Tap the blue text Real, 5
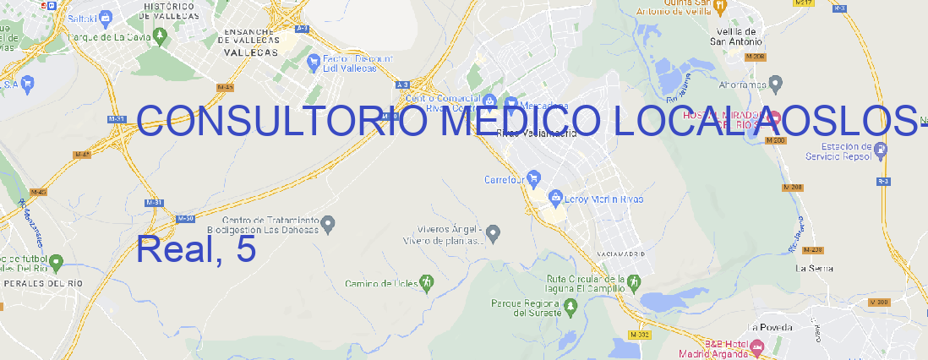[195, 249]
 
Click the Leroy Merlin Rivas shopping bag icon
[555, 199]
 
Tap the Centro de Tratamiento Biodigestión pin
[330, 223]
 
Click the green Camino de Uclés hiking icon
[428, 282]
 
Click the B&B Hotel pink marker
[756, 346]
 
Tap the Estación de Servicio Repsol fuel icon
[882, 150]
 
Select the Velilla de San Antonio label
[735, 35]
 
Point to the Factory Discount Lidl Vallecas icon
[312, 60]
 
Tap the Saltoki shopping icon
[106, 16]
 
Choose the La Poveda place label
[770, 326]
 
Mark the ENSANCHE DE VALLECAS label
[250, 39]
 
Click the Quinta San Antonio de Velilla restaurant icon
[719, 8]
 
